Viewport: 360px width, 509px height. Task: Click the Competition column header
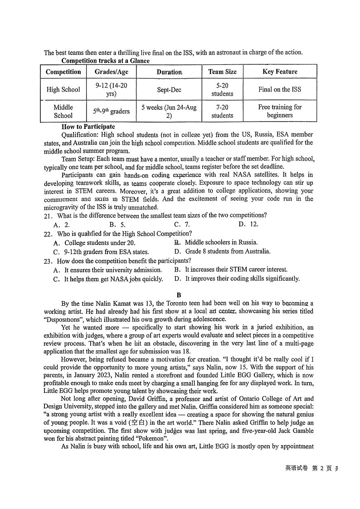[63, 72]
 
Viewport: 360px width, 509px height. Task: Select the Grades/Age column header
[111, 72]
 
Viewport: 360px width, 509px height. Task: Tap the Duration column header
[169, 72]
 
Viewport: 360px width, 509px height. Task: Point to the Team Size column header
[222, 72]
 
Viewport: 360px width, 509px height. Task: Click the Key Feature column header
[280, 72]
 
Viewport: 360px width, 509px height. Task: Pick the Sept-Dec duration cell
[169, 90]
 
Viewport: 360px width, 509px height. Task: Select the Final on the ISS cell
[280, 89]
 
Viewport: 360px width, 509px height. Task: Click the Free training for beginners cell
[280, 111]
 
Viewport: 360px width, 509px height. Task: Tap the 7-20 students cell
[222, 111]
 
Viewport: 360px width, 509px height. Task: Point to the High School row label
[63, 90]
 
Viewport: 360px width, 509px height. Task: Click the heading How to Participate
[88, 127]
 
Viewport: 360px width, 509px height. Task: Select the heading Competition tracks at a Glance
[105, 61]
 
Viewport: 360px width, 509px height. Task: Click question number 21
[48, 215]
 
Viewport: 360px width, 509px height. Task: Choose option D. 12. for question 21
[248, 225]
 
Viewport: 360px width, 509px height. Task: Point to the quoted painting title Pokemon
[152, 438]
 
